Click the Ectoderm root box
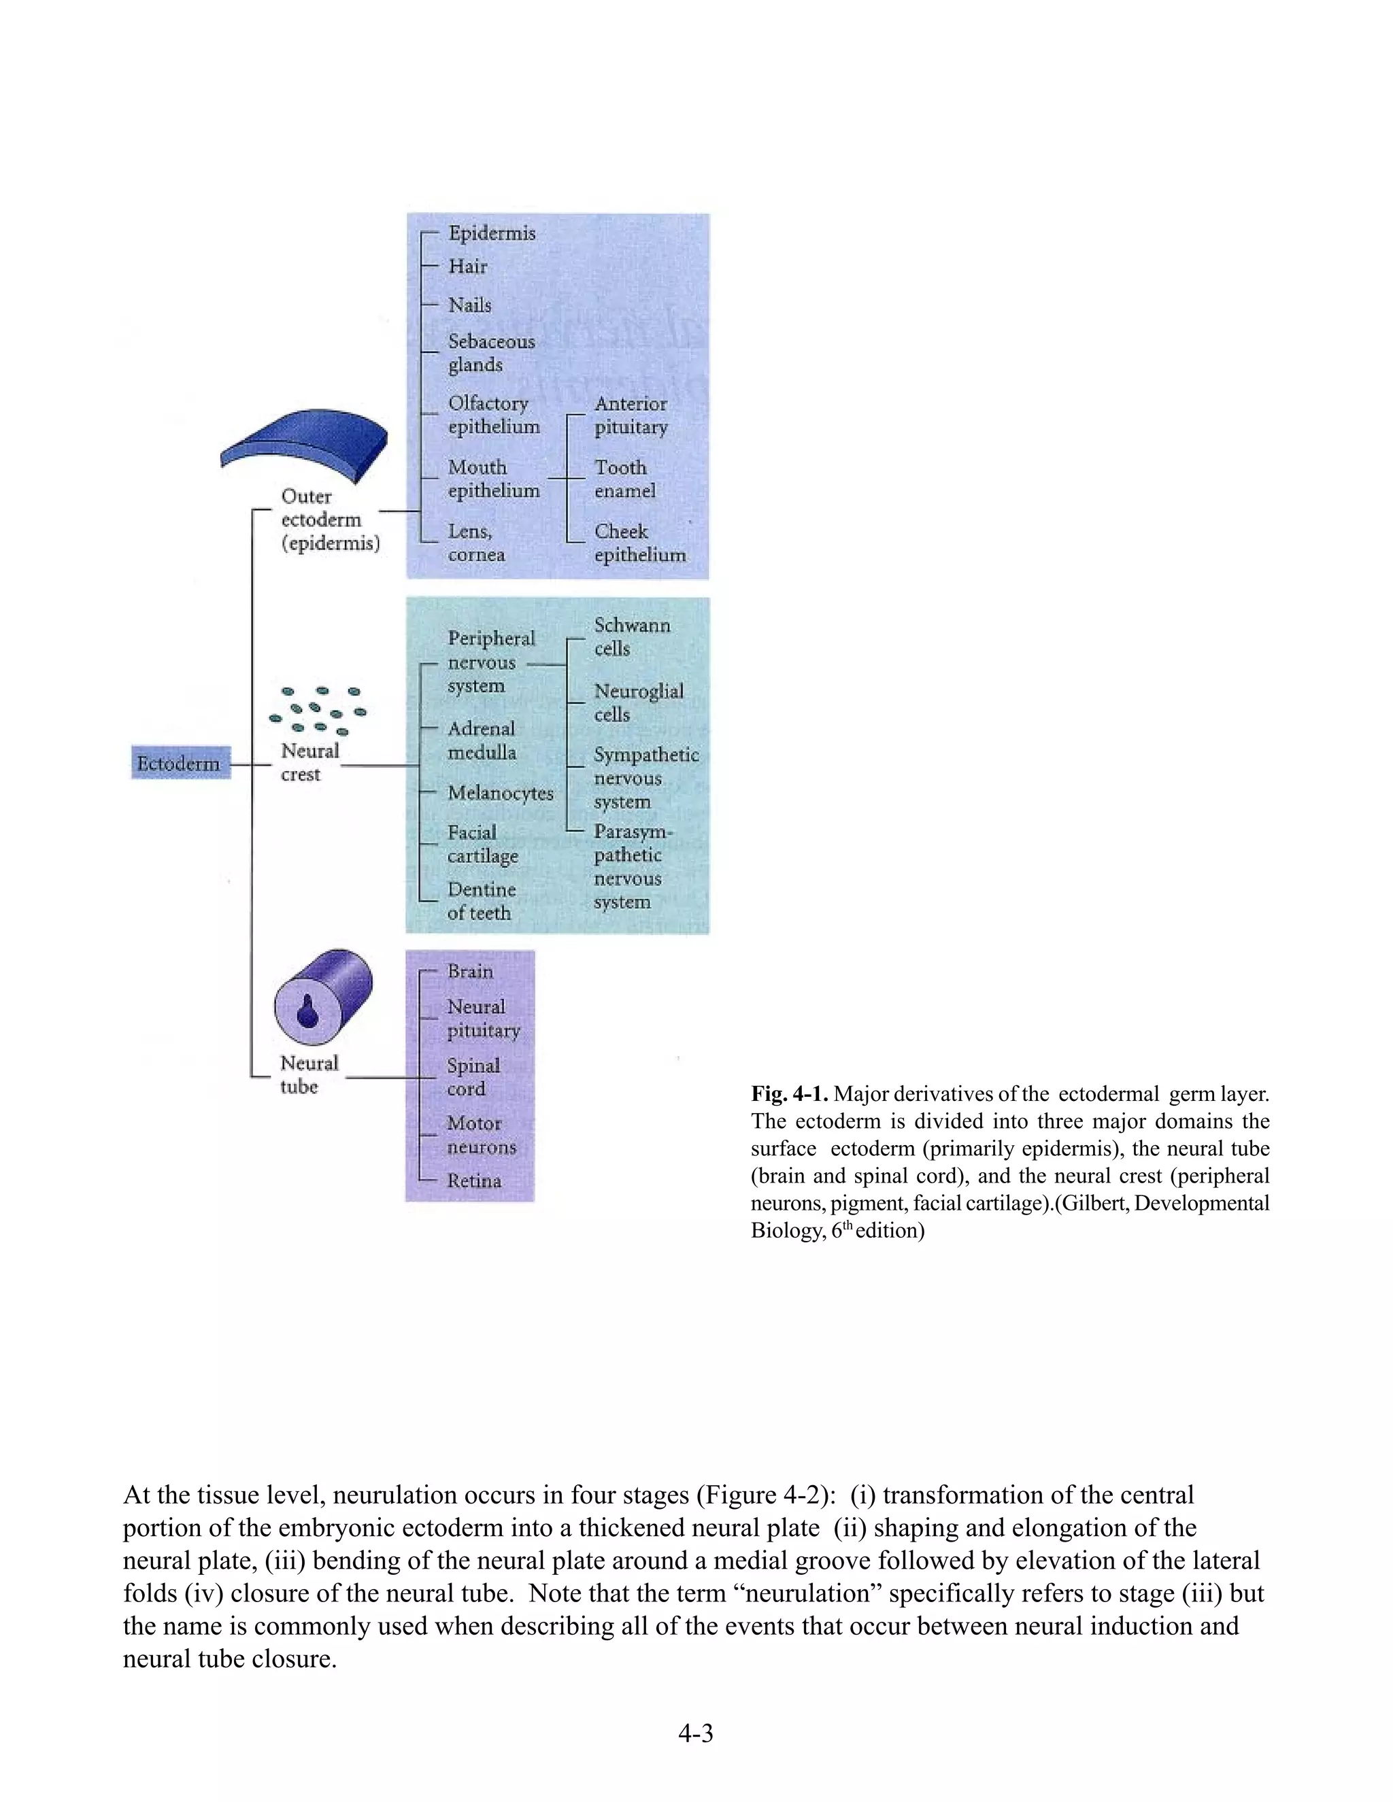pyautogui.click(x=179, y=763)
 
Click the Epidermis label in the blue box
pyautogui.click(x=492, y=233)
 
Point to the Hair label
pyautogui.click(x=468, y=267)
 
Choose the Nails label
pyautogui.click(x=469, y=305)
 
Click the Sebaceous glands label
pyautogui.click(x=491, y=353)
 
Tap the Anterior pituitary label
pyautogui.click(x=631, y=415)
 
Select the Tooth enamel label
pyautogui.click(x=624, y=479)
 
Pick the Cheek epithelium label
pyautogui.click(x=639, y=543)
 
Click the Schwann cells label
pyautogui.click(x=632, y=637)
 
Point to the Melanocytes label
pyautogui.click(x=500, y=793)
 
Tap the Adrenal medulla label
pyautogui.click(x=482, y=740)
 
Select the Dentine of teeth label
pyautogui.click(x=481, y=901)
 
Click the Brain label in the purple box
pyautogui.click(x=469, y=971)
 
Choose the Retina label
pyautogui.click(x=473, y=1180)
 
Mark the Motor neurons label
pyautogui.click(x=481, y=1136)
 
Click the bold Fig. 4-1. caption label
pyautogui.click(x=790, y=1094)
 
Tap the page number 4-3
pyautogui.click(x=696, y=1733)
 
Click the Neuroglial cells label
pyautogui.click(x=639, y=702)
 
